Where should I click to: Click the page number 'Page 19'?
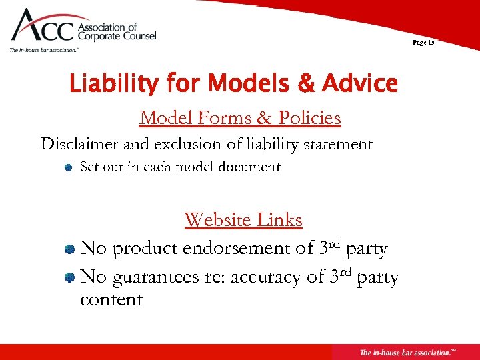(423, 42)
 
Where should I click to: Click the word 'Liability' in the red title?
(113, 84)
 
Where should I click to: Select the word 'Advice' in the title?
(360, 84)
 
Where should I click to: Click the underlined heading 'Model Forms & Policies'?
(240, 118)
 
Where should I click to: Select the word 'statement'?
(336, 144)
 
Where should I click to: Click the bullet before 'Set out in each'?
(69, 168)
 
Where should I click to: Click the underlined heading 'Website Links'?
(243, 219)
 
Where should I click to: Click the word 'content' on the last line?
(111, 299)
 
